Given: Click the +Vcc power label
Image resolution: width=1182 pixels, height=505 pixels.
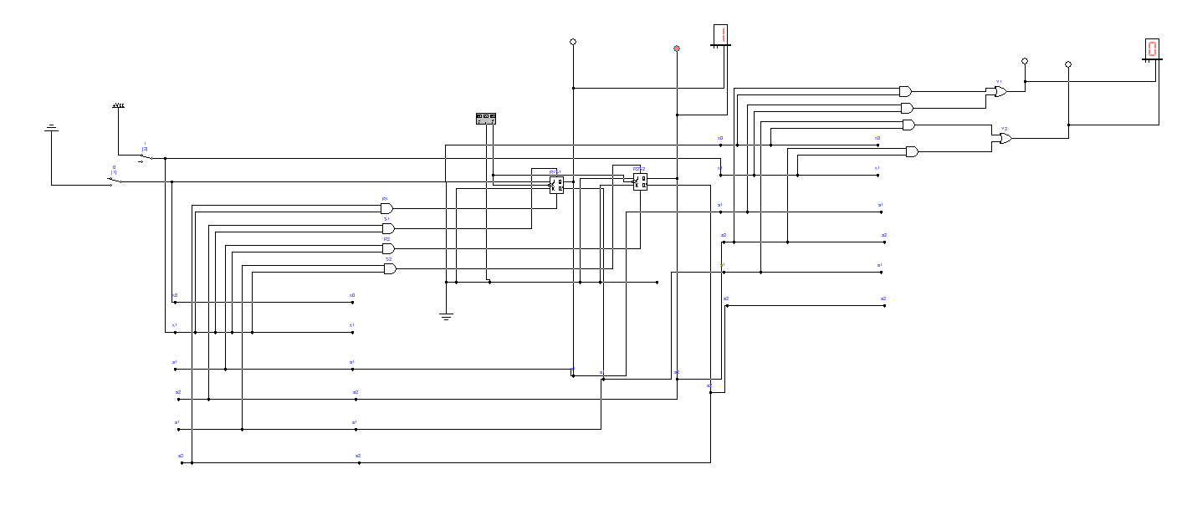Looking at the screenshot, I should click(x=118, y=106).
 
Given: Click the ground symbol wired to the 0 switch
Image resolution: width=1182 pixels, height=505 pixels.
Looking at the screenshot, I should click(x=51, y=128).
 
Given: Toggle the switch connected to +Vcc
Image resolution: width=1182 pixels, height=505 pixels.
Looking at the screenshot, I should click(x=146, y=156).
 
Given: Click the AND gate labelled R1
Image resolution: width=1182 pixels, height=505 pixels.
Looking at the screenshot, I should click(x=386, y=208).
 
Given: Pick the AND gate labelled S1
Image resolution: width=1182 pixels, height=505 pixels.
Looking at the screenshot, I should click(x=388, y=228).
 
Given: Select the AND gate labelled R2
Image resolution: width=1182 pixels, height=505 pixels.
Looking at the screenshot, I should click(x=388, y=248).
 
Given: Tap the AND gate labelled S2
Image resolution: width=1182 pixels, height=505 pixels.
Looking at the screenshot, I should click(x=390, y=268).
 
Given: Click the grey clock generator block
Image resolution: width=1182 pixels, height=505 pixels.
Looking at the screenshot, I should click(x=486, y=119).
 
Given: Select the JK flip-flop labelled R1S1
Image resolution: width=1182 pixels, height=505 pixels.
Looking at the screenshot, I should click(x=556, y=185).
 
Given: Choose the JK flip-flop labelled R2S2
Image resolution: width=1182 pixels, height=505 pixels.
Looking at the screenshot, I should click(x=640, y=181).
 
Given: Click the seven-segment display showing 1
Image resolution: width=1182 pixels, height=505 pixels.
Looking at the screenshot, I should click(x=720, y=36).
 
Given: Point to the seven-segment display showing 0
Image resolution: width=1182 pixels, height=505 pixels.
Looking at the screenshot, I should click(x=1152, y=48).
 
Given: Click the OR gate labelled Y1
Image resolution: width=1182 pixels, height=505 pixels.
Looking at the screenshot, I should click(x=1000, y=91).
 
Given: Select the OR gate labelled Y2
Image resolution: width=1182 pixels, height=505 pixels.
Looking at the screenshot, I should click(x=1005, y=138).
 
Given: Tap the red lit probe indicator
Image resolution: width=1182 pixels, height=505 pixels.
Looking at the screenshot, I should click(x=677, y=48).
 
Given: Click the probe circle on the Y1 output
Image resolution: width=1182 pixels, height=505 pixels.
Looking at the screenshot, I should click(x=1025, y=61).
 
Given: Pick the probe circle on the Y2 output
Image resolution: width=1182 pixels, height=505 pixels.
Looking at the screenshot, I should click(x=1068, y=64).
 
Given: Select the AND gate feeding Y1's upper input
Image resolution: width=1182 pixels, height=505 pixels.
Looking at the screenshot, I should click(x=905, y=91).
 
